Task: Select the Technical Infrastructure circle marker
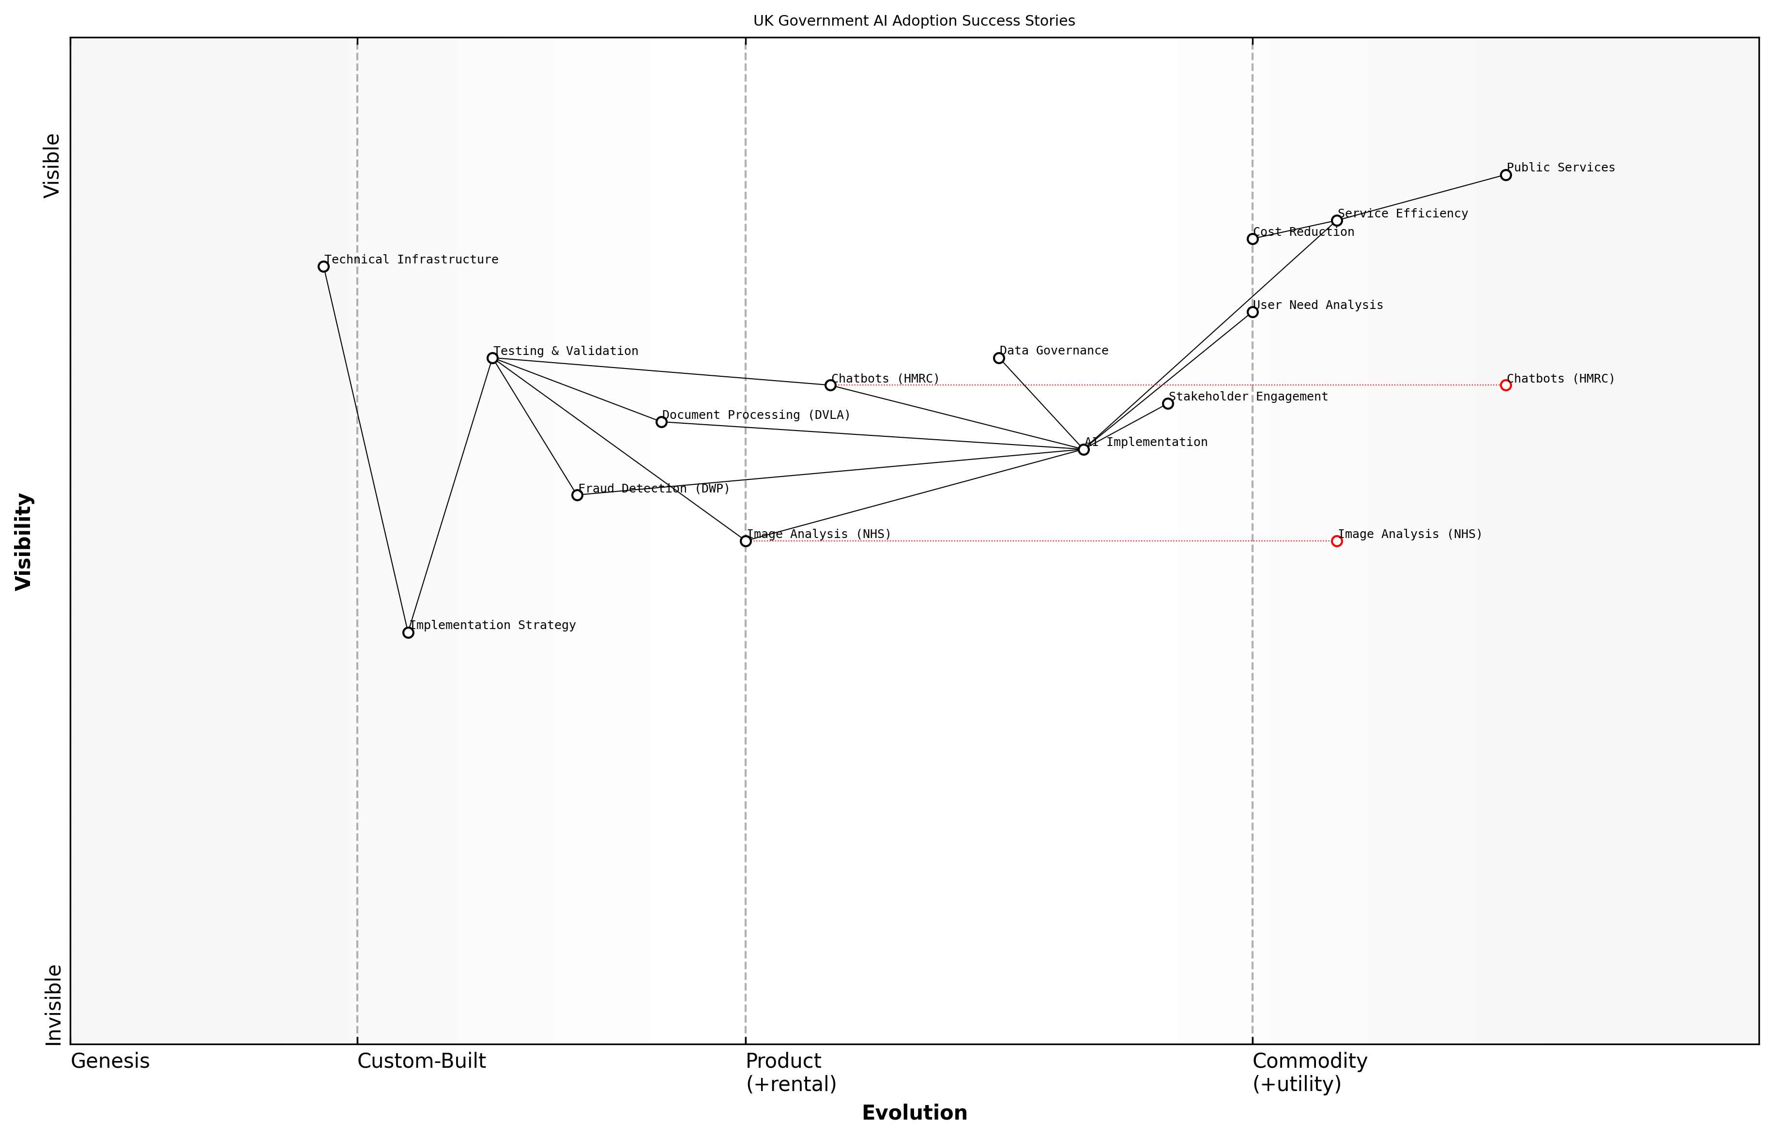point(323,267)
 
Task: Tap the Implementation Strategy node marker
point(408,632)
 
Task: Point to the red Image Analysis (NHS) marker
point(1336,541)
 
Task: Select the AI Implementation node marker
point(1084,449)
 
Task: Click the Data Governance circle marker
point(999,358)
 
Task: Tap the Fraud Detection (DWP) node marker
point(577,495)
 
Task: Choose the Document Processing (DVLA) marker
point(661,422)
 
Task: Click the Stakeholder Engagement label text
point(1248,397)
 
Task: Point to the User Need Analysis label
point(1318,305)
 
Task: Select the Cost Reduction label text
point(1304,232)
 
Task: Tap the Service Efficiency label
point(1402,214)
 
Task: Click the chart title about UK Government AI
point(914,21)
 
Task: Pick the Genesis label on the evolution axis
point(110,1061)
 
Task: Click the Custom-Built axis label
point(421,1061)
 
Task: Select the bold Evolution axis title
point(914,1113)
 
